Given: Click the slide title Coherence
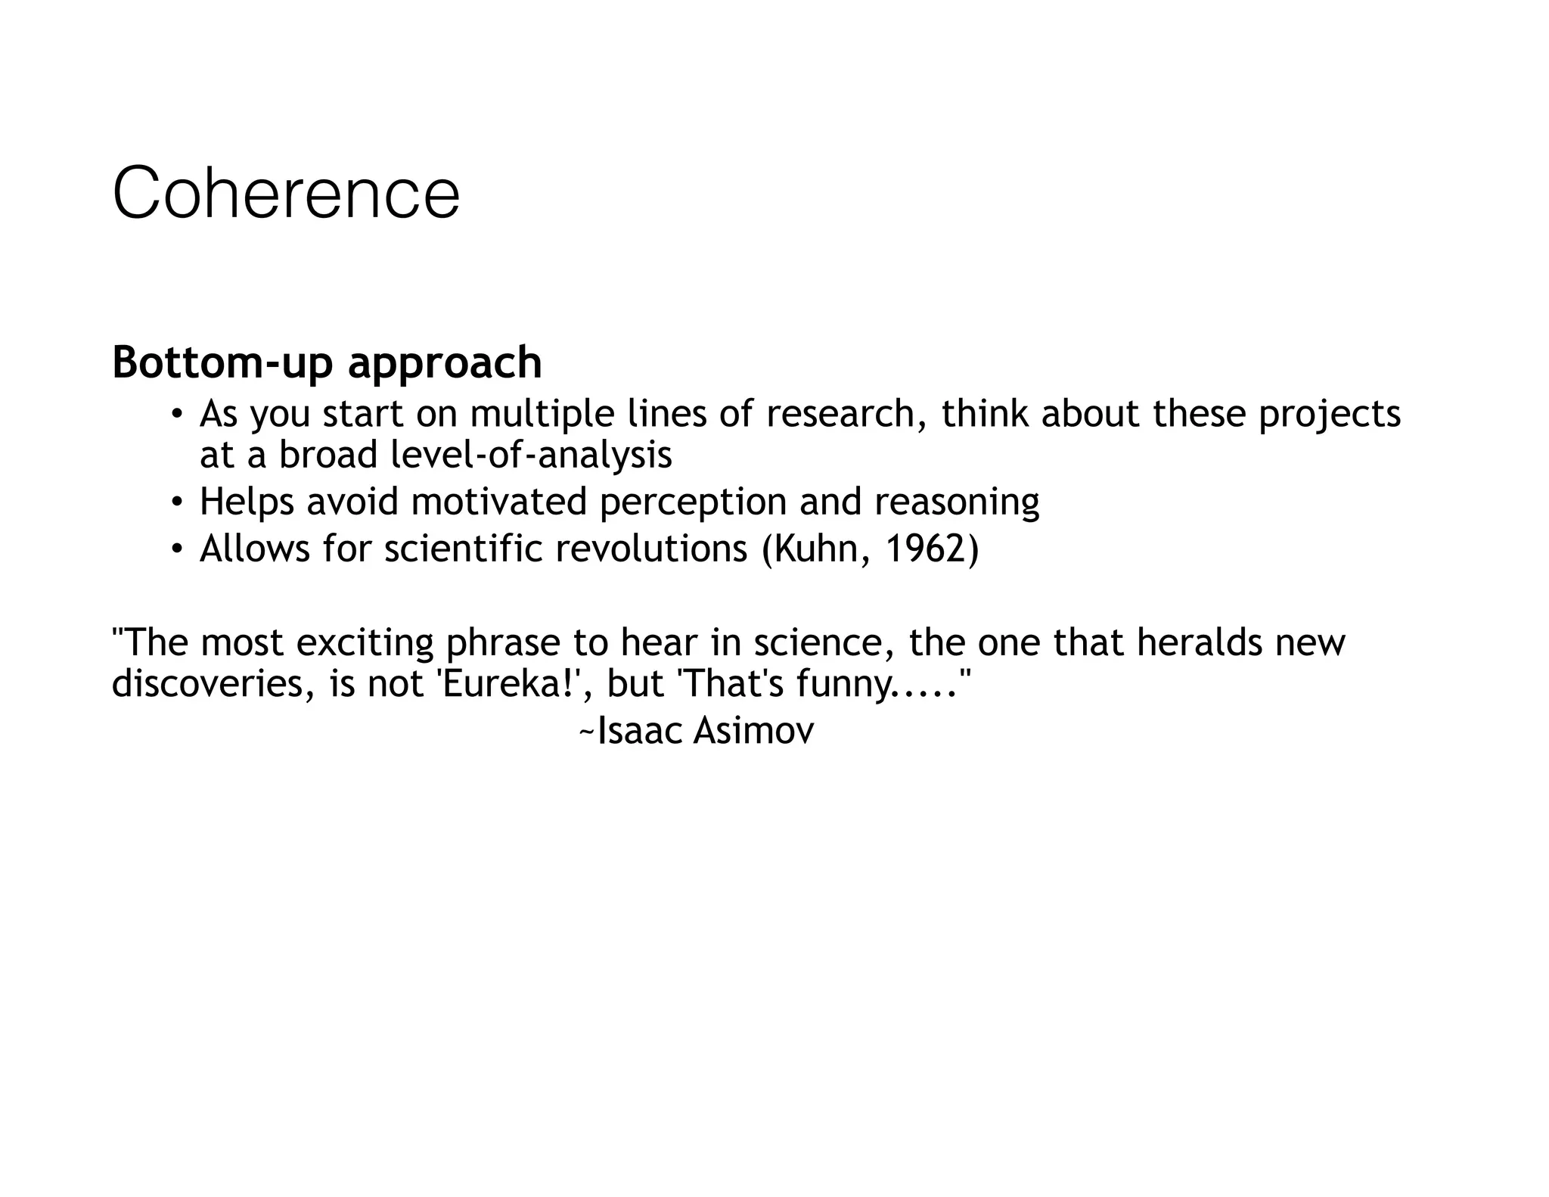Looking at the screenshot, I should tap(286, 194).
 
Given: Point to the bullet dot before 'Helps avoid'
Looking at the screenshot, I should tap(176, 502).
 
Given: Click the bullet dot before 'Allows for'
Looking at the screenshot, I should tap(176, 549).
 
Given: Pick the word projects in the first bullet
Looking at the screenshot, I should tap(1330, 415).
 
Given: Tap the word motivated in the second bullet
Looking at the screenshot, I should tap(499, 502).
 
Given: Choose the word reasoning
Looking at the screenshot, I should tap(957, 503).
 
